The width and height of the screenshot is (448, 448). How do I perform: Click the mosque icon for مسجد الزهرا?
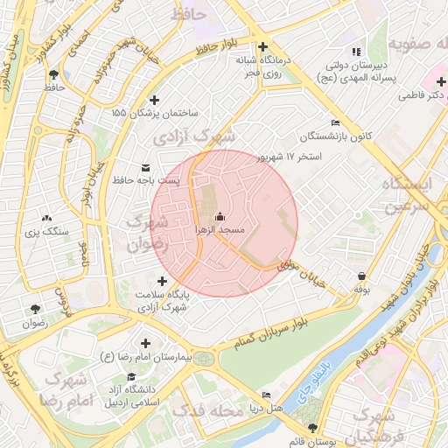(x=219, y=216)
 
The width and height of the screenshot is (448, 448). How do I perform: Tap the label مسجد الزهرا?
(x=219, y=229)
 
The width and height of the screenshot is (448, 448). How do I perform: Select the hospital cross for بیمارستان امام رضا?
(x=145, y=344)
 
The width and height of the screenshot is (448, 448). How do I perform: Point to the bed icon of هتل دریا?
(x=266, y=395)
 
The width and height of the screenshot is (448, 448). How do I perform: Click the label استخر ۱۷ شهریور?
(x=289, y=157)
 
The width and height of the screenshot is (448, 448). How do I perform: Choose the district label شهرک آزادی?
(x=194, y=137)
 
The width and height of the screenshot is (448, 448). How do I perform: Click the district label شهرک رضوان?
(x=146, y=234)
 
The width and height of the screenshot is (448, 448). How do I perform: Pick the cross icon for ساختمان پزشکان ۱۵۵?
(x=156, y=101)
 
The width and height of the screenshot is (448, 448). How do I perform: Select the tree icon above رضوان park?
(x=35, y=309)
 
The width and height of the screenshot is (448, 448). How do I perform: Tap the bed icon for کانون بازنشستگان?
(x=336, y=123)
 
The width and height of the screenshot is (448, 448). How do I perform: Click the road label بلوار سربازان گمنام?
(x=262, y=335)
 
